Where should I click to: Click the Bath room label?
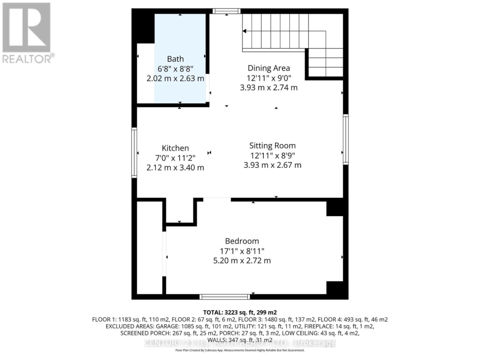pos(175,59)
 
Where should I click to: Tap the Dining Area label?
pos(268,68)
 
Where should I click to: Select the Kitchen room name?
pos(175,148)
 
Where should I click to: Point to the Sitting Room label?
pos(272,145)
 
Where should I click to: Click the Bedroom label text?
pos(242,241)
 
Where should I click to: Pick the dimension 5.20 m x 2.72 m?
pos(242,260)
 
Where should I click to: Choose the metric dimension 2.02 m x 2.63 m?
pos(175,78)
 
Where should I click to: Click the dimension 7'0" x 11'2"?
pos(175,158)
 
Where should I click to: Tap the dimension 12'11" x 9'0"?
pos(268,78)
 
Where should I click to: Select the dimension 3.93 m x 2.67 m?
pos(272,165)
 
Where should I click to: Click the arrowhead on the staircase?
pos(244,31)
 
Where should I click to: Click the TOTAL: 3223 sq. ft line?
pos(240,312)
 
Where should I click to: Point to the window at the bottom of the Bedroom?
pos(224,296)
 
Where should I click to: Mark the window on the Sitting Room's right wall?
pos(345,139)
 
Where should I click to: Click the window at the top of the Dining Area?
pos(226,11)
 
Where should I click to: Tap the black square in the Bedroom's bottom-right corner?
pos(336,289)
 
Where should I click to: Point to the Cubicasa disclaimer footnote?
pos(240,350)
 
